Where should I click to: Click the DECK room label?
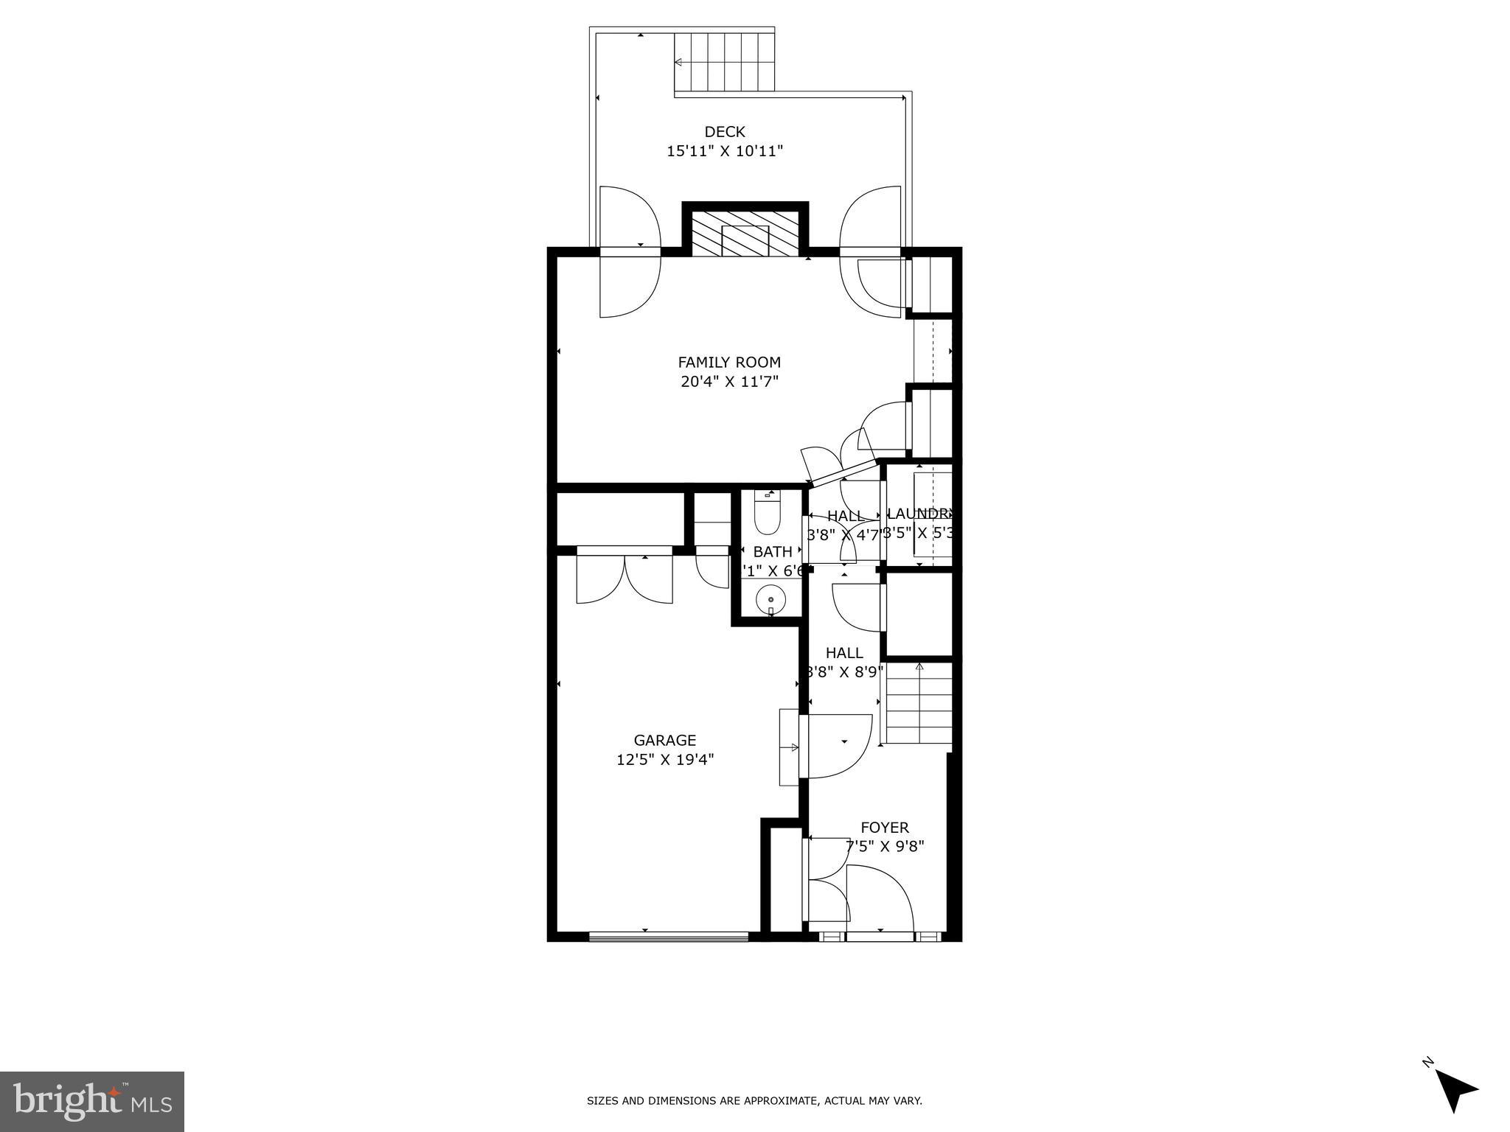click(x=725, y=132)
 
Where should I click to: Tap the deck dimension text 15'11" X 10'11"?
click(x=725, y=151)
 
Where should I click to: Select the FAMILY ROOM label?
click(x=729, y=363)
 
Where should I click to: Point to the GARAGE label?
click(x=665, y=740)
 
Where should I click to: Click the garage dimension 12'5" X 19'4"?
click(x=665, y=759)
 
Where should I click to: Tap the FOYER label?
click(x=885, y=828)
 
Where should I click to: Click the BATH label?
click(x=773, y=551)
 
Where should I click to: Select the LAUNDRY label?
click(x=919, y=514)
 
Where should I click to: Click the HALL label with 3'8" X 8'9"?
click(x=844, y=653)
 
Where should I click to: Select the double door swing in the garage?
click(x=624, y=579)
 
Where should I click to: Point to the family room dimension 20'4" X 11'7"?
click(x=729, y=382)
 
